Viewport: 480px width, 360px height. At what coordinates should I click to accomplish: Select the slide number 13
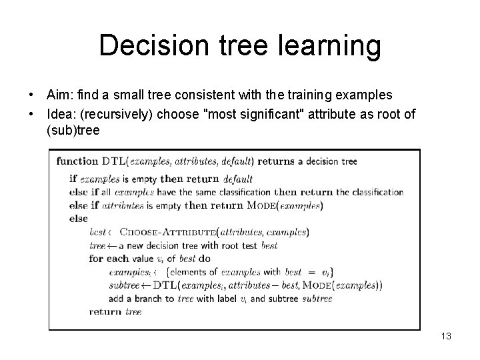445,337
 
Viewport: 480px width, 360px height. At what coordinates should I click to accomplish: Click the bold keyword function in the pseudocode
78,161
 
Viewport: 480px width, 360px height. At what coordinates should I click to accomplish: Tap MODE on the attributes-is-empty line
261,206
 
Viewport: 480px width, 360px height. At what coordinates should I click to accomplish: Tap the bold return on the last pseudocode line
105,311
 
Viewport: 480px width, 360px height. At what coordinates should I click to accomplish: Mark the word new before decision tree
137,245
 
